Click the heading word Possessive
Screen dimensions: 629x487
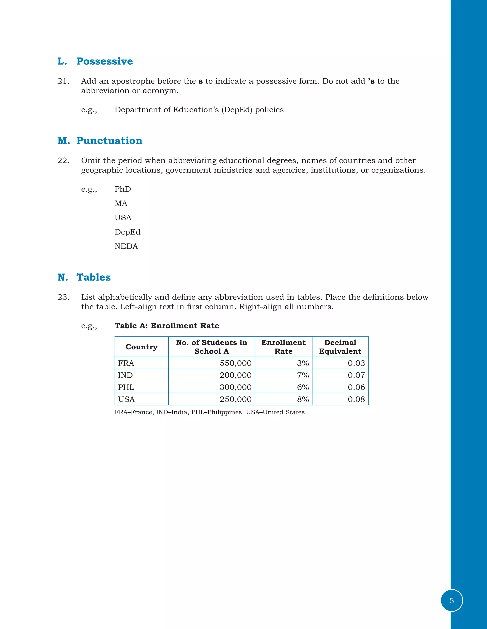(104, 61)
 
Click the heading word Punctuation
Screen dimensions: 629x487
(109, 141)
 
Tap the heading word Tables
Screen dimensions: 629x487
(93, 277)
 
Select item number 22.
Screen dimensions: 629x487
(63, 160)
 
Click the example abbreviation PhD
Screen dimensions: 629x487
(123, 189)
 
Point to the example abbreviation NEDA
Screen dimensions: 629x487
(126, 246)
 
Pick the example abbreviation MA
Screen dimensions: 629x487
(121, 203)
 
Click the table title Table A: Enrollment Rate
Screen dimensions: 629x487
(167, 326)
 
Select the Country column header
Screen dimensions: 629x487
(141, 347)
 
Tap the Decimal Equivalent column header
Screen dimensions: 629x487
(340, 347)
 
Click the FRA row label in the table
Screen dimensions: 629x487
(126, 363)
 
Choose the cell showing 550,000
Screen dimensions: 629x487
(235, 363)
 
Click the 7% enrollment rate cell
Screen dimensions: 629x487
(303, 375)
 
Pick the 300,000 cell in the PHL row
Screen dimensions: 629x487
(235, 387)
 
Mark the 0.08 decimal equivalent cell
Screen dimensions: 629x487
(356, 399)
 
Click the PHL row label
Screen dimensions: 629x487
(126, 387)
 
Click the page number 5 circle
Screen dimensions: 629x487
(452, 601)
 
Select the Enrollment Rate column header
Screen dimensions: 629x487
(283, 347)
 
